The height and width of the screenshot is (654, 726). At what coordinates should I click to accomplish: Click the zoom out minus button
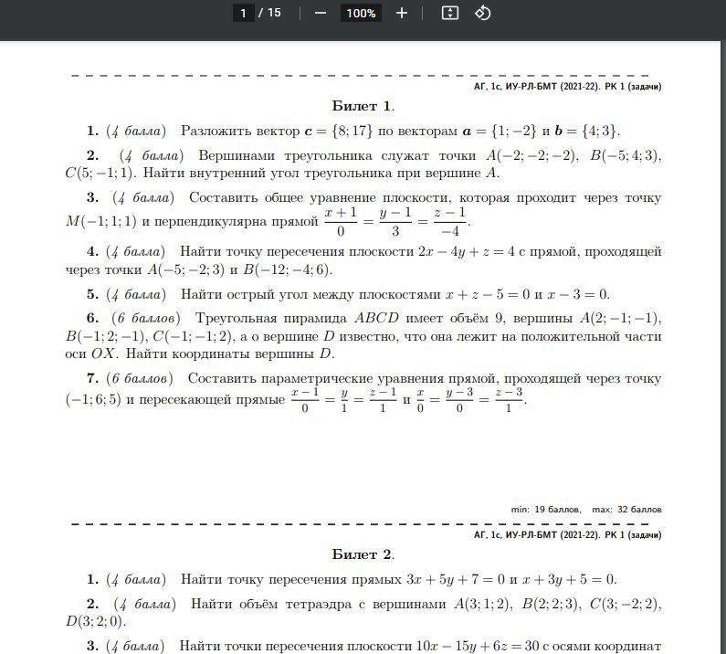coord(320,13)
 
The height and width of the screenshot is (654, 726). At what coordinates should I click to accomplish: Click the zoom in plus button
coord(402,13)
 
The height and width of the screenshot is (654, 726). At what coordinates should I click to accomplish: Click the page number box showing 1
coord(243,13)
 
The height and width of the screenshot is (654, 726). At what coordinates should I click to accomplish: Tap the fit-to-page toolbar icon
coord(448,13)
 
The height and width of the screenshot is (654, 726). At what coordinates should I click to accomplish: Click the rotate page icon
coord(483,13)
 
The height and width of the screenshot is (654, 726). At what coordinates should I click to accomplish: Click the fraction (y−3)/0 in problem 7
coord(456,399)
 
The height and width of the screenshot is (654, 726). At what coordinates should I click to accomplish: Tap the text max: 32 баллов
coord(626,509)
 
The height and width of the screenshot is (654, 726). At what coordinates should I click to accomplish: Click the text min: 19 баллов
coord(545,509)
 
